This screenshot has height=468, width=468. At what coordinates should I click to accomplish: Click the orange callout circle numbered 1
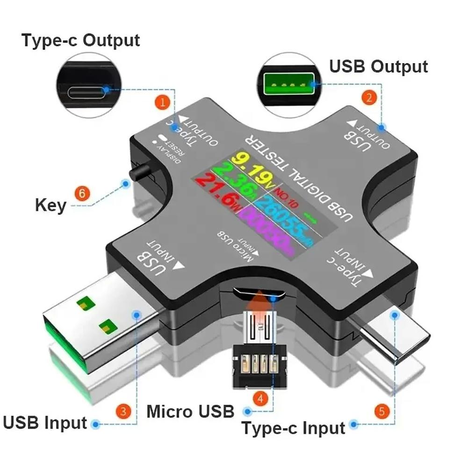[162, 102]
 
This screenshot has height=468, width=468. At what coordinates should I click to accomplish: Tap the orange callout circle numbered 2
[369, 97]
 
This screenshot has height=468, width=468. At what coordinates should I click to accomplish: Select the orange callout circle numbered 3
[123, 412]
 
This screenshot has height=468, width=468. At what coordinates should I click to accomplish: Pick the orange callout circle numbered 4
[260, 399]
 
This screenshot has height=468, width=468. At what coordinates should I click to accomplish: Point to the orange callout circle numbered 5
[382, 411]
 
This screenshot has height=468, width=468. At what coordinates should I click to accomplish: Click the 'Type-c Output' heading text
[80, 40]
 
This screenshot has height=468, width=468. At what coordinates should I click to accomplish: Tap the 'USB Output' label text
[379, 66]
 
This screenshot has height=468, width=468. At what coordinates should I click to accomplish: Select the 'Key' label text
[50, 205]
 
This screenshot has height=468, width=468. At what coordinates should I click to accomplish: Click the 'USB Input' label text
[45, 423]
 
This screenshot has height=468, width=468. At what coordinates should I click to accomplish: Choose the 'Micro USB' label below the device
[190, 411]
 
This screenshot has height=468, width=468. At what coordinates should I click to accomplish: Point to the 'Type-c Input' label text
[293, 427]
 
